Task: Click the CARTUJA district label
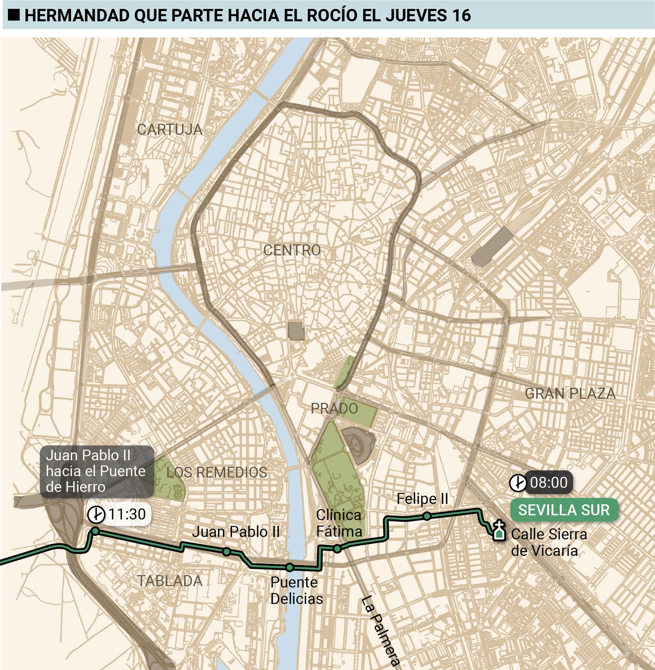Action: click(169, 129)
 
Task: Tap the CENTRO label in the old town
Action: click(292, 250)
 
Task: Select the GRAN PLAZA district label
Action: click(570, 393)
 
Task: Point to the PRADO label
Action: click(334, 408)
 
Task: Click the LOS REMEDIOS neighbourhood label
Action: click(217, 472)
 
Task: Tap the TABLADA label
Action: click(169, 581)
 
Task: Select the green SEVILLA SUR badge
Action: click(564, 510)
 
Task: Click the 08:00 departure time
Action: click(549, 483)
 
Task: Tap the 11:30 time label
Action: click(127, 514)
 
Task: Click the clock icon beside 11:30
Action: click(96, 514)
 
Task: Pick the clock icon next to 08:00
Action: click(517, 483)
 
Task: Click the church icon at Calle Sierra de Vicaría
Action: click(498, 531)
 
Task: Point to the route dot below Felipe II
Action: click(427, 517)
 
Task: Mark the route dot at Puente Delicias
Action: click(289, 567)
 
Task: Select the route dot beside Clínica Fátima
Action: click(337, 549)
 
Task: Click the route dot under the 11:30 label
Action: click(95, 531)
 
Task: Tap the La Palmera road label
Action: click(379, 631)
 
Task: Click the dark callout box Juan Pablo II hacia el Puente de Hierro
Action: click(97, 471)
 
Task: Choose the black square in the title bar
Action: click(14, 15)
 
